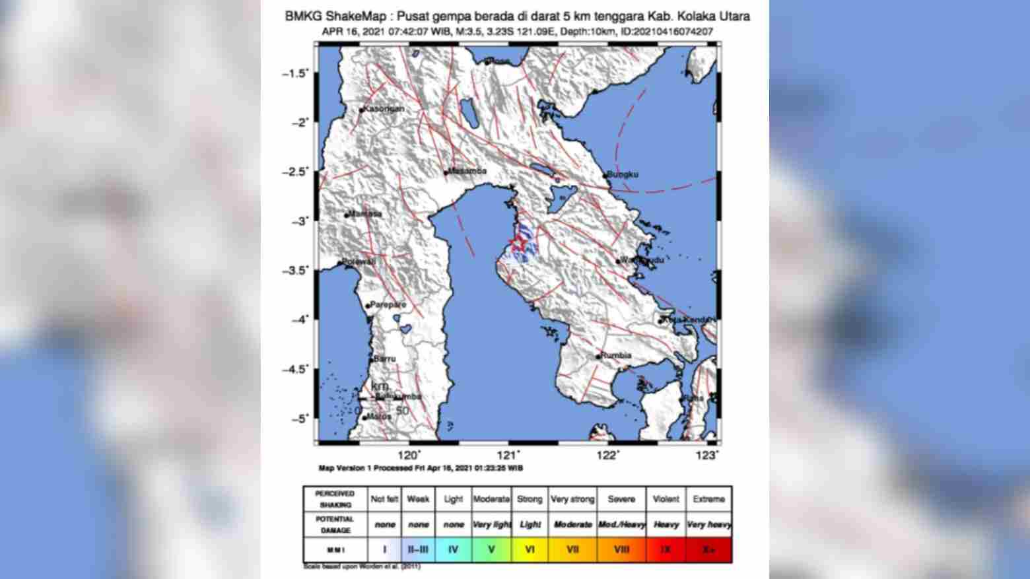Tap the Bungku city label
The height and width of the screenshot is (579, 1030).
623,174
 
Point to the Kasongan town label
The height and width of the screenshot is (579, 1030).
384,109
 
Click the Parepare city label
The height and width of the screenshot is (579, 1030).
388,305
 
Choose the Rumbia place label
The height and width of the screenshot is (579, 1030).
616,355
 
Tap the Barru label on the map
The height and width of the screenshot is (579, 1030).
385,358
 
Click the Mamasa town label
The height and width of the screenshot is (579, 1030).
366,214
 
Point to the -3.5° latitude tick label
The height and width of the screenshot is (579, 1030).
295,270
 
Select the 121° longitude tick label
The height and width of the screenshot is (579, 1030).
509,455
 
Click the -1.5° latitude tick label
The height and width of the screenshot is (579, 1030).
295,73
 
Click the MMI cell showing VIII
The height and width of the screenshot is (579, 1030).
621,549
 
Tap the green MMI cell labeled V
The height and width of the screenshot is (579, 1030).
491,549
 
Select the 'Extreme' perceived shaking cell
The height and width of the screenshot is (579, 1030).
708,499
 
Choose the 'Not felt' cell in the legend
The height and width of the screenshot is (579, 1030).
385,499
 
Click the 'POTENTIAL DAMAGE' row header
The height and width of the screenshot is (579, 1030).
335,524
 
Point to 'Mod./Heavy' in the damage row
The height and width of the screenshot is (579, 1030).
621,524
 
